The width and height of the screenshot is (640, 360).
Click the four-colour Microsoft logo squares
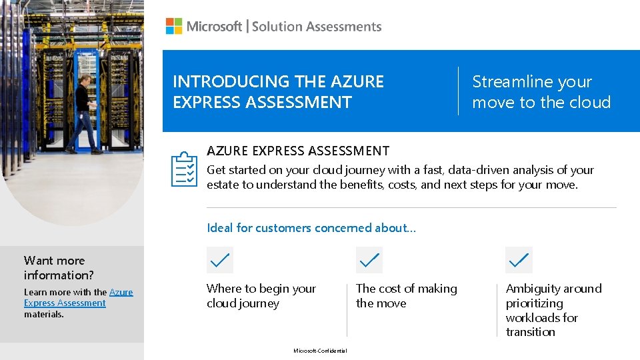[174, 26]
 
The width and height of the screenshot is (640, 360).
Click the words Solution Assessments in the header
[317, 27]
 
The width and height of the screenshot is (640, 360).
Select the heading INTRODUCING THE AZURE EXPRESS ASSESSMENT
[279, 91]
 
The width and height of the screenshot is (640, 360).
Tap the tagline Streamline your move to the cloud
[541, 91]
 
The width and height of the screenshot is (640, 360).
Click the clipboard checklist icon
[184, 169]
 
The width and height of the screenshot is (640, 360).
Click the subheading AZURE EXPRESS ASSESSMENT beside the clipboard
[298, 151]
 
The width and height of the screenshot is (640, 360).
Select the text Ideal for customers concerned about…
[311, 228]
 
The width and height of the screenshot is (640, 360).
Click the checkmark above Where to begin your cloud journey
[220, 260]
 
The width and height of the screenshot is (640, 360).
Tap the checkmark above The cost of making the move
[369, 260]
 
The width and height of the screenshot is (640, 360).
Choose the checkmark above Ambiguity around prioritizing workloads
[519, 260]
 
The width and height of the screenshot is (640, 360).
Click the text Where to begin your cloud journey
[261, 296]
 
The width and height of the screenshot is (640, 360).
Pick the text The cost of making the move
[407, 296]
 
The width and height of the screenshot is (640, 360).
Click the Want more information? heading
[59, 267]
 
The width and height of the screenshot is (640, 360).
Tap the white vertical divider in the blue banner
[458, 91]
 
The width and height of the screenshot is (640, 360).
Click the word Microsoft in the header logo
[215, 27]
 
